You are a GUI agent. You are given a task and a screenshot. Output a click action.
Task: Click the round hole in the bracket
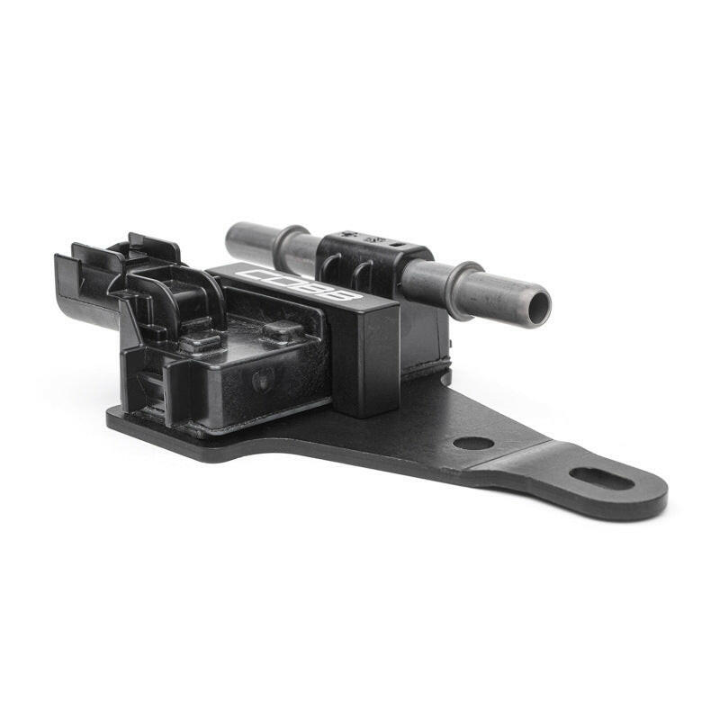(x=472, y=443)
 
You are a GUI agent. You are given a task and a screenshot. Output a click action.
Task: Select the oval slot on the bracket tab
(x=602, y=478)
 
